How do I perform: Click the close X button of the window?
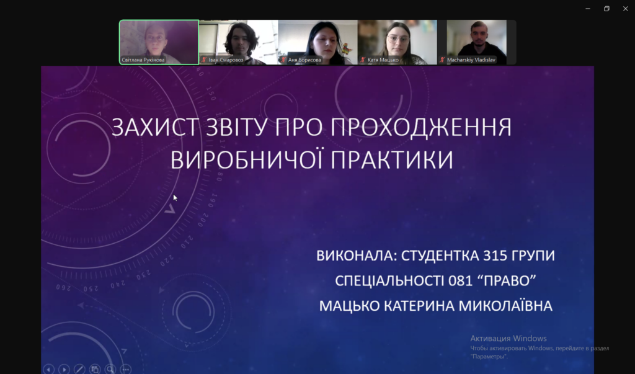coord(625,9)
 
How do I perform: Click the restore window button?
coord(606,9)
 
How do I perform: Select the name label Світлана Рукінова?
coord(143,60)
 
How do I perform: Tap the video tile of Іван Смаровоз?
coord(239,42)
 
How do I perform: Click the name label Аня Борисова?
coord(304,60)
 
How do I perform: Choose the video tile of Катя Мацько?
coord(397,42)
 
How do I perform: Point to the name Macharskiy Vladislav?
coord(471,60)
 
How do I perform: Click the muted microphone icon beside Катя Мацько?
coord(363,60)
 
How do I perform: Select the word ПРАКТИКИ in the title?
coord(392,159)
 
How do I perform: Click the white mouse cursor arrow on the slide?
coord(175,198)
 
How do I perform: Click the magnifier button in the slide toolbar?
coord(110,369)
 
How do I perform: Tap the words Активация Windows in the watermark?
coord(508,339)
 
